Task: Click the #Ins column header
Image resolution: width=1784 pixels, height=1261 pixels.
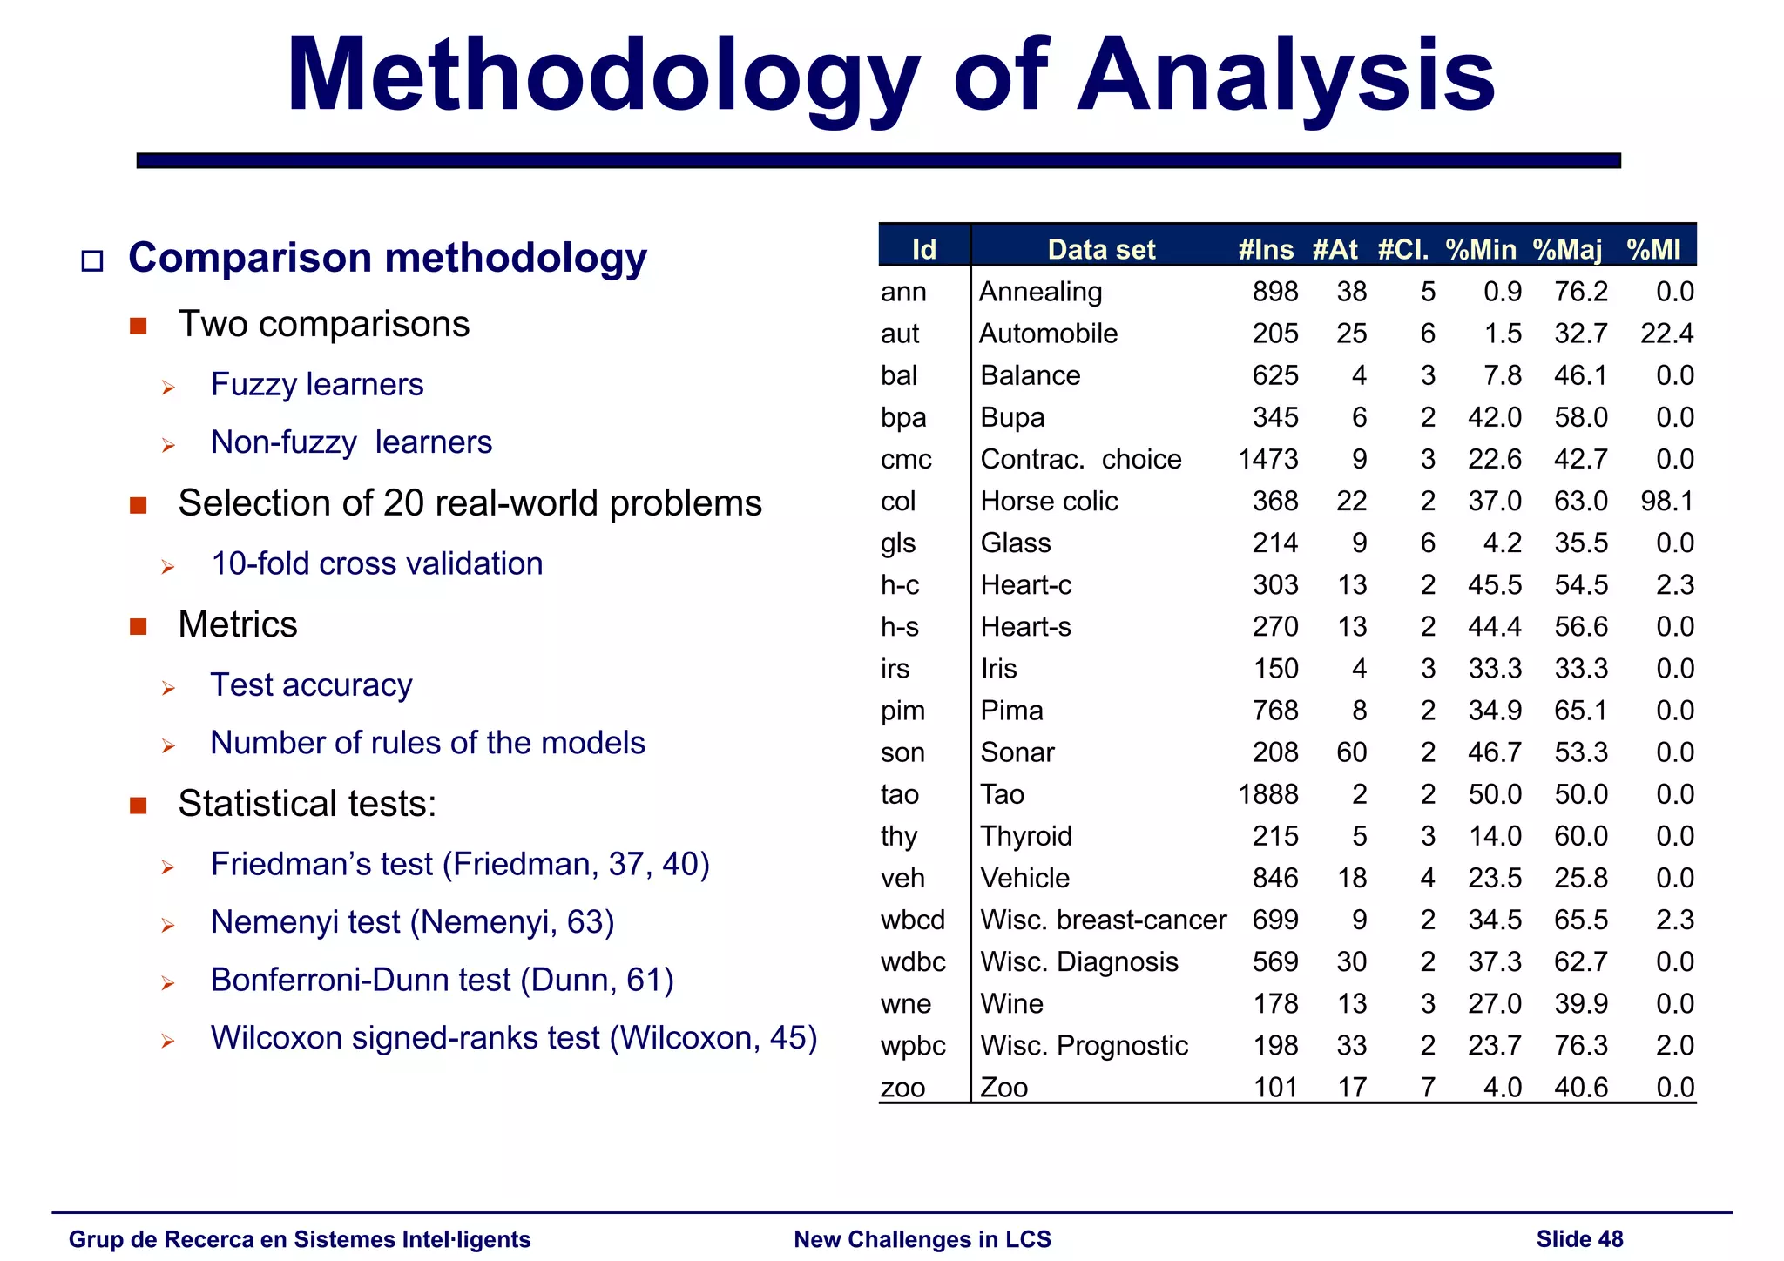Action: pos(1266,250)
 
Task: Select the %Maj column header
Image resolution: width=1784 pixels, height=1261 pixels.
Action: pos(1567,250)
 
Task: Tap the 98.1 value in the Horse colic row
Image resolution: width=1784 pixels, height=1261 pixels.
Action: pos(1666,502)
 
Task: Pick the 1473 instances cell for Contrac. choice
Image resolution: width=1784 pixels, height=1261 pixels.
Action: pos(1267,460)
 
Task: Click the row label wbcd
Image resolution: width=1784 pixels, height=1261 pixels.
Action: pos(912,920)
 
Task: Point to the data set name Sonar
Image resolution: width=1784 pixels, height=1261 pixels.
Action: pos(1017,752)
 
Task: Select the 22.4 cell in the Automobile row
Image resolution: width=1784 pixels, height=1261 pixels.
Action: pos(1666,334)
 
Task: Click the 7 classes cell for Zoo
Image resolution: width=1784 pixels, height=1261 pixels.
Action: pos(1428,1088)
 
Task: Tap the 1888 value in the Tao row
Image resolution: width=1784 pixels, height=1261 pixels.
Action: pos(1267,794)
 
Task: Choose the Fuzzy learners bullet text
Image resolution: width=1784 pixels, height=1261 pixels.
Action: pos(317,385)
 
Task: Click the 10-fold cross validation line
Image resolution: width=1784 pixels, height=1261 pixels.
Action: pos(376,564)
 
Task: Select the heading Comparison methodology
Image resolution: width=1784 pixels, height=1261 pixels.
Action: pos(388,258)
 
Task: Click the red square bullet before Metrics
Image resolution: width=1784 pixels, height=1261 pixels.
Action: pos(138,626)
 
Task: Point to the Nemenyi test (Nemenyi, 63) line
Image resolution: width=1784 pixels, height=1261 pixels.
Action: pos(412,922)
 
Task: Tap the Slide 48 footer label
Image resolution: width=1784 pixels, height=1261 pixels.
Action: pos(1579,1239)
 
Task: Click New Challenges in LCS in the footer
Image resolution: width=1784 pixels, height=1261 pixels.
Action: pos(922,1239)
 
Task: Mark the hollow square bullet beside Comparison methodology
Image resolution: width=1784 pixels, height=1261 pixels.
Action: pos(91,260)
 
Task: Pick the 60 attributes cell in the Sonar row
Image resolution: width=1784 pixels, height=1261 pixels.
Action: pos(1351,752)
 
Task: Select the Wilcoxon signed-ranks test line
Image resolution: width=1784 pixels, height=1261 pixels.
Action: pos(513,1038)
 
